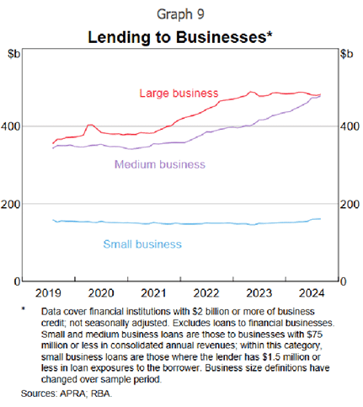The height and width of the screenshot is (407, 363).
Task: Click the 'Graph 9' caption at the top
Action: (x=181, y=14)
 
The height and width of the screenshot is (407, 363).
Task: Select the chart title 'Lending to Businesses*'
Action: (x=181, y=38)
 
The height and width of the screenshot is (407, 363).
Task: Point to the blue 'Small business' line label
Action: (x=142, y=244)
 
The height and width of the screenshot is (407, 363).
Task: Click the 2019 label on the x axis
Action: (x=49, y=292)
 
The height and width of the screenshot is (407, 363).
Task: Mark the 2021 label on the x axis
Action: (x=152, y=292)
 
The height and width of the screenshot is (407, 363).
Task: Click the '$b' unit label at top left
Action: (x=15, y=55)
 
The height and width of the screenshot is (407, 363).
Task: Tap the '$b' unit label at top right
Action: (x=346, y=55)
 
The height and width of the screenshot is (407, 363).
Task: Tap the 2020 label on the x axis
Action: (x=100, y=292)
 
